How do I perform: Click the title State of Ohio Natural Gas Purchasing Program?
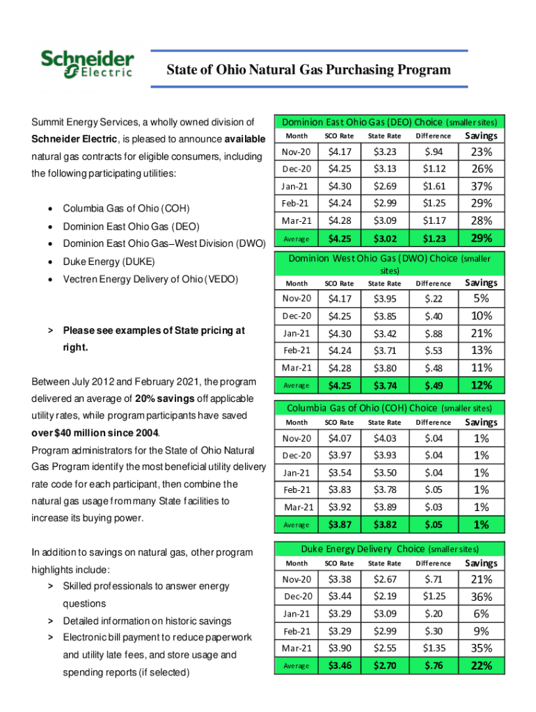pos(308,70)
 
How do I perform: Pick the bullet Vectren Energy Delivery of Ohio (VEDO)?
pos(150,280)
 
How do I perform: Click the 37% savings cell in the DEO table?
pos(481,186)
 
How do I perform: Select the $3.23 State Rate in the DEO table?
pos(384,152)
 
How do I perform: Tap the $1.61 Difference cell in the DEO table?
pos(433,186)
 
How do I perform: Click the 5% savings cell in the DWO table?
pos(481,299)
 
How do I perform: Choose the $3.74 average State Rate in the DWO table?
pos(384,385)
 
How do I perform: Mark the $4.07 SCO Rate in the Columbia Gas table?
pos(339,439)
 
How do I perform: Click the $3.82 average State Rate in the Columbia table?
pos(384,525)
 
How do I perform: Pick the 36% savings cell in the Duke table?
pos(481,597)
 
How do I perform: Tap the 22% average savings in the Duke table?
pos(481,666)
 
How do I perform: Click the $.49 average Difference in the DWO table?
pos(433,385)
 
